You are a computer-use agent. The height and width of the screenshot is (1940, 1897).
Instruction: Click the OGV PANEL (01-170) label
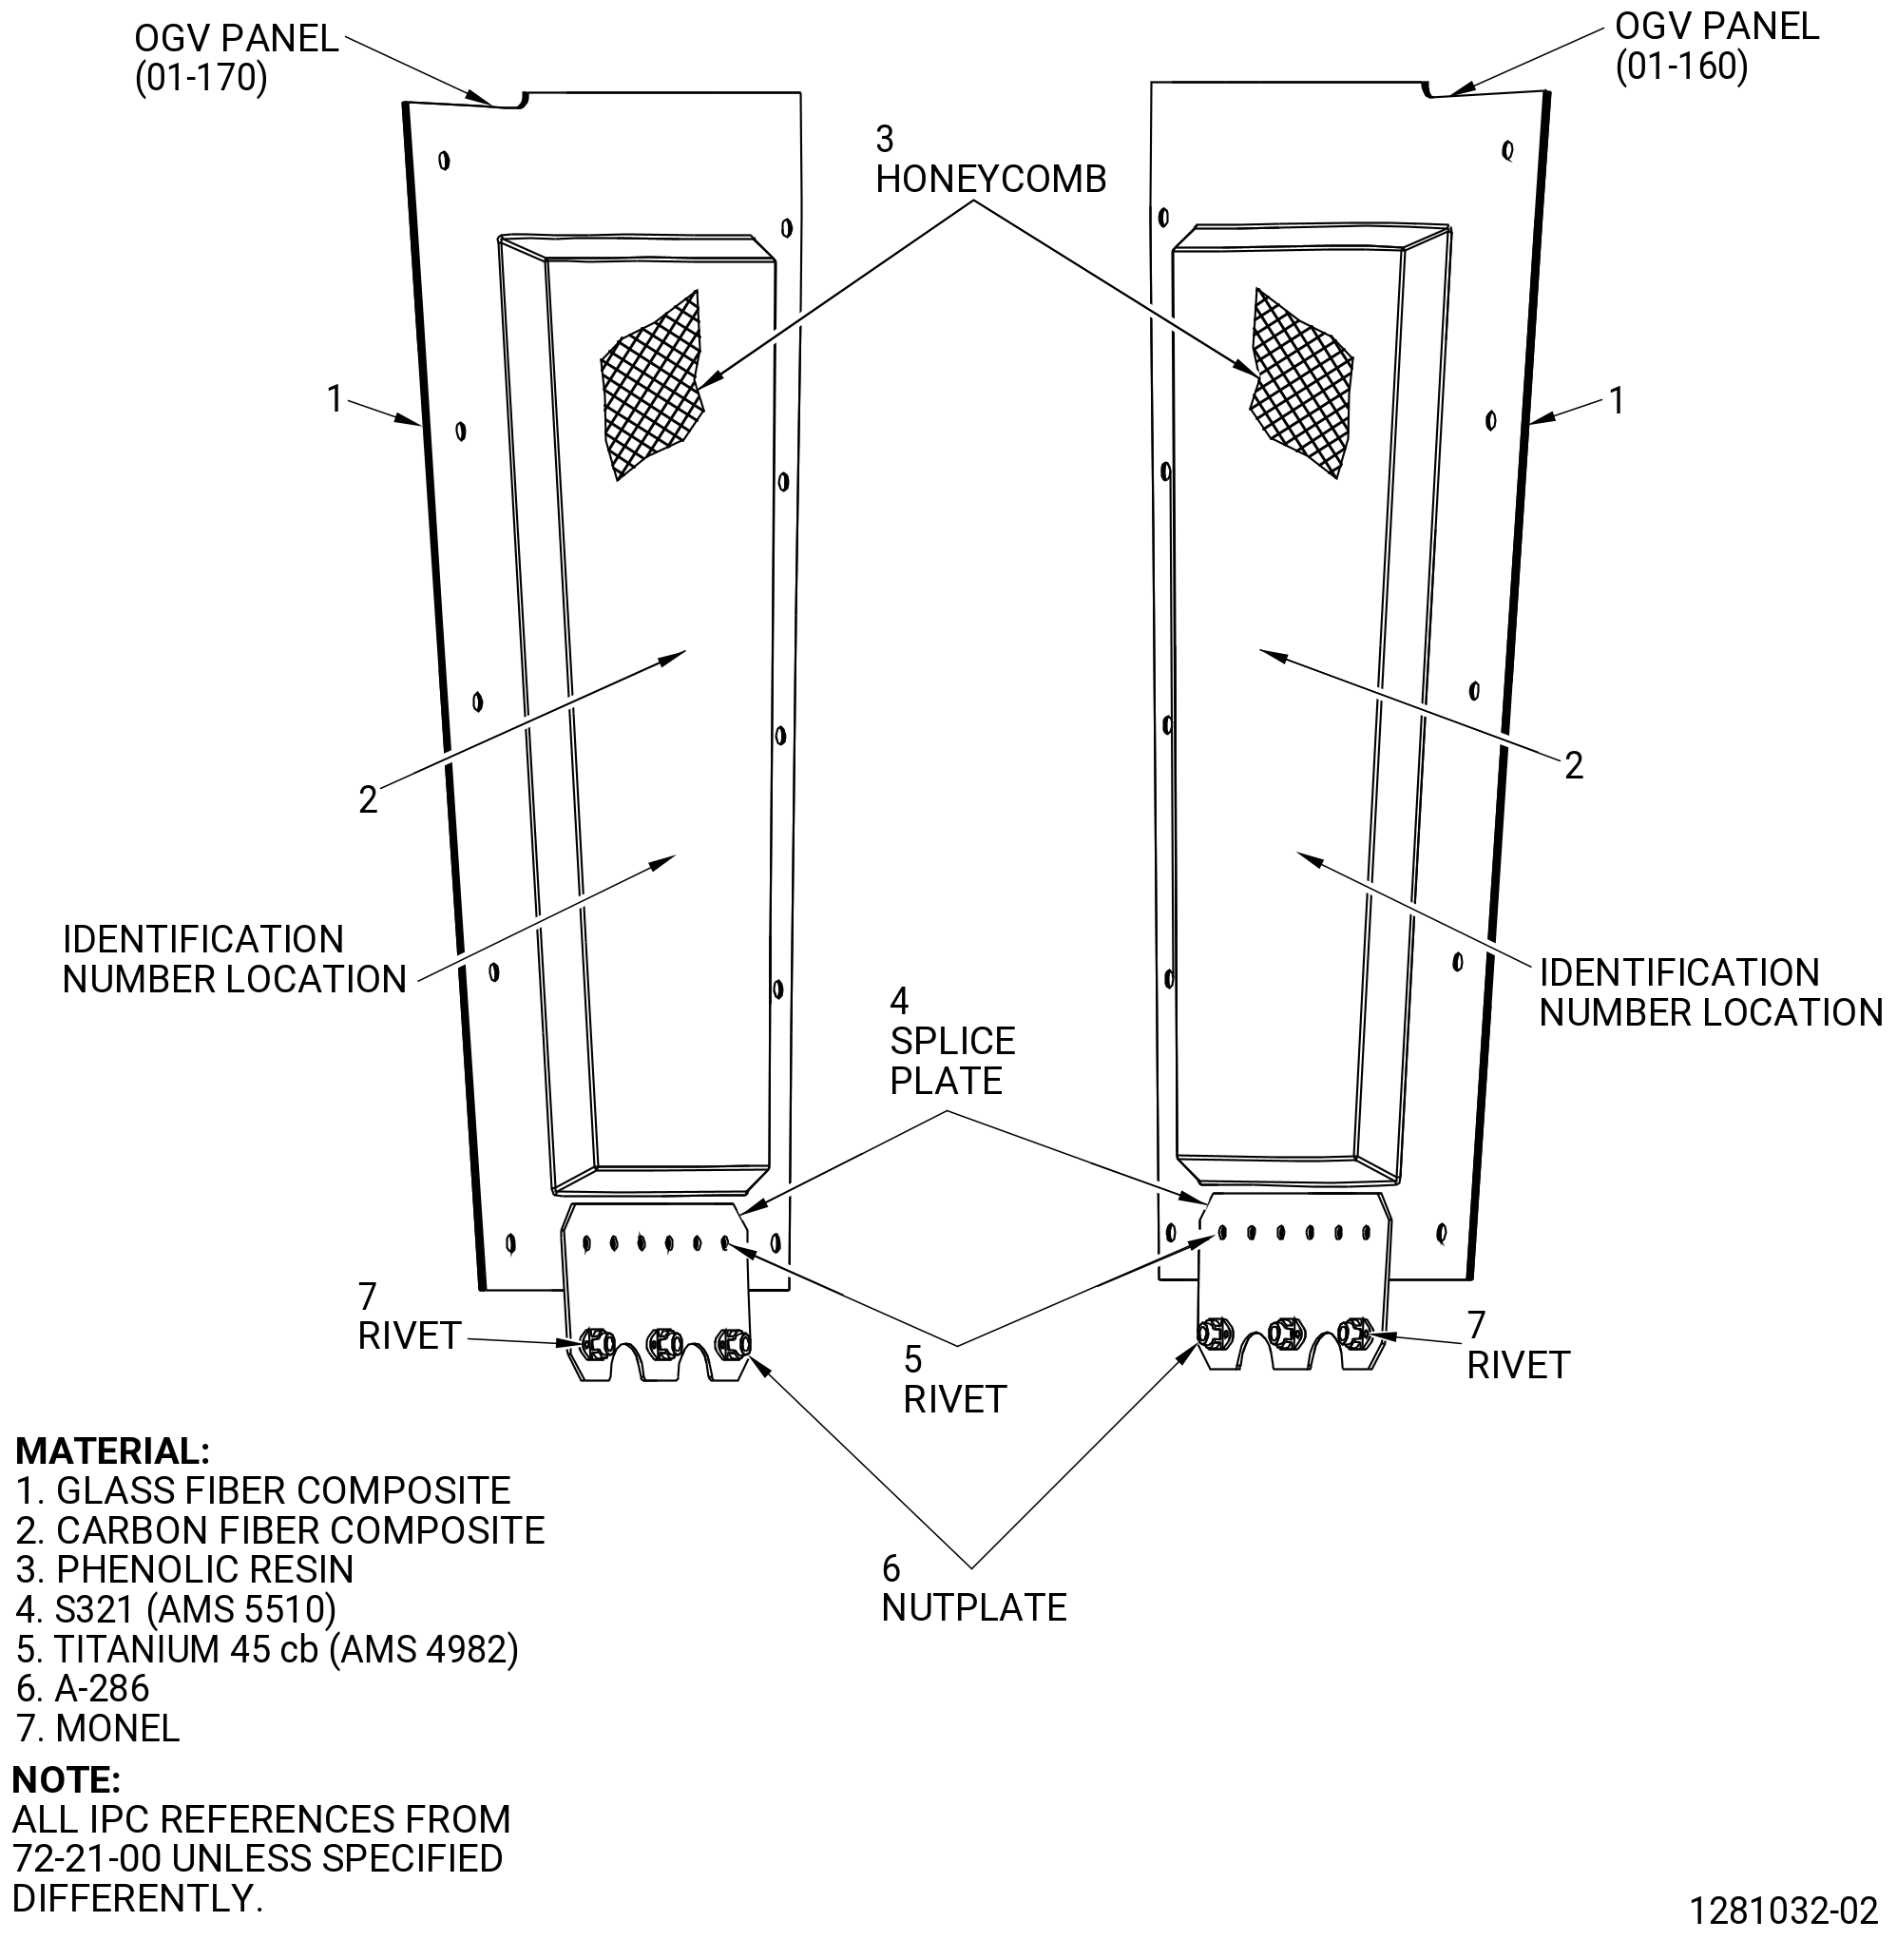[236, 58]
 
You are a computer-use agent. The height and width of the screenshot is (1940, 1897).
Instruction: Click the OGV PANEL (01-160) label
[1716, 46]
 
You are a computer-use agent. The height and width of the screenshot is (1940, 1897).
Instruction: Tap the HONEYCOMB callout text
[990, 160]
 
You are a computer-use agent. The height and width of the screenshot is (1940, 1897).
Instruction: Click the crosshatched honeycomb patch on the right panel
[1301, 381]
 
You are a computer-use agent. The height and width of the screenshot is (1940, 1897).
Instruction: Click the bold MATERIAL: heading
[112, 1450]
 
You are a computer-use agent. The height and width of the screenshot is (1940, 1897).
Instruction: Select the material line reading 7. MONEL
[98, 1728]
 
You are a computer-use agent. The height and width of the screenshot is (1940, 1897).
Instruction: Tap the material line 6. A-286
[83, 1688]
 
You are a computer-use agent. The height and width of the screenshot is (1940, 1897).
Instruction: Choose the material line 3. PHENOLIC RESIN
[184, 1569]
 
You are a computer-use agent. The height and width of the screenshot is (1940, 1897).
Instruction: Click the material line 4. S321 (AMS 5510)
[177, 1609]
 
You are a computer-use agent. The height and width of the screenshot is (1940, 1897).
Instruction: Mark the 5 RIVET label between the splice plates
[954, 1380]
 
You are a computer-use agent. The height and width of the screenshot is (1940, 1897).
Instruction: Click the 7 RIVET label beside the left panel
[409, 1316]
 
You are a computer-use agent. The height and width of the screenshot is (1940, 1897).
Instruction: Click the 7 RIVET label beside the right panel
[1519, 1345]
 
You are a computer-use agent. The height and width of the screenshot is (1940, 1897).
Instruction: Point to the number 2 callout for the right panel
[1573, 765]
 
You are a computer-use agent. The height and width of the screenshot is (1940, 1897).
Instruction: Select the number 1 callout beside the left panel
[335, 399]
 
